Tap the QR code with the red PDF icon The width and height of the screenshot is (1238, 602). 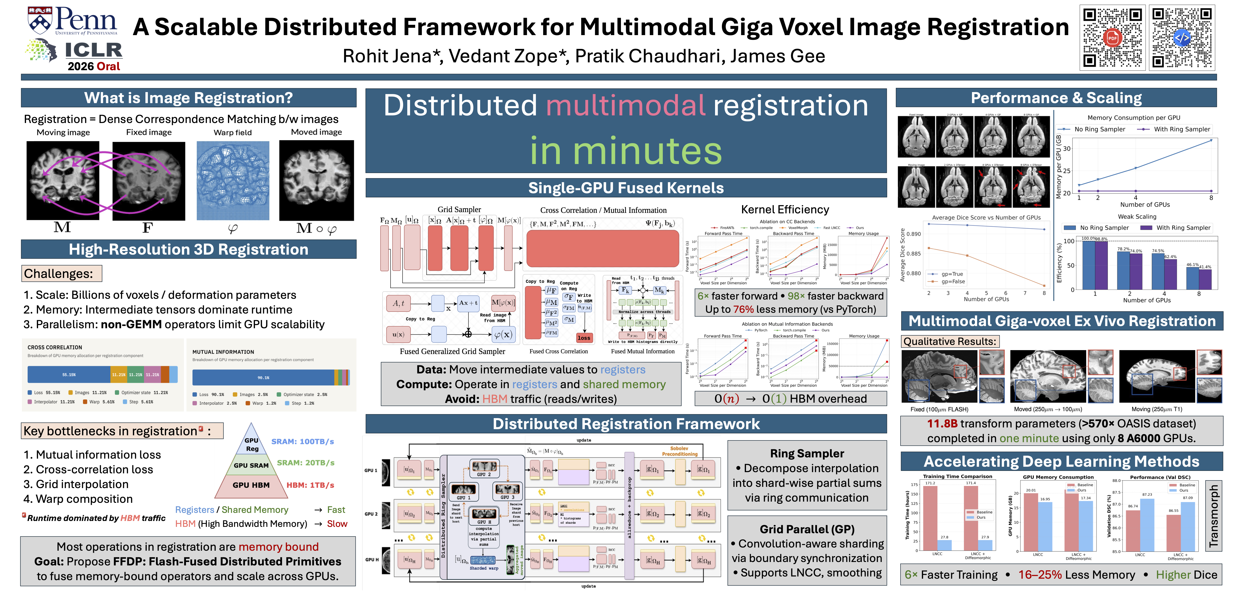[1112, 38]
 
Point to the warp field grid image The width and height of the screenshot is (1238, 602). [233, 181]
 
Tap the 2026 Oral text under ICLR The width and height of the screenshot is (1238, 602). [94, 66]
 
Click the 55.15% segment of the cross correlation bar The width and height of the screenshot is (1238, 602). [69, 374]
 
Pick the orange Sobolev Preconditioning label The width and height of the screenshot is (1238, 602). [679, 451]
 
